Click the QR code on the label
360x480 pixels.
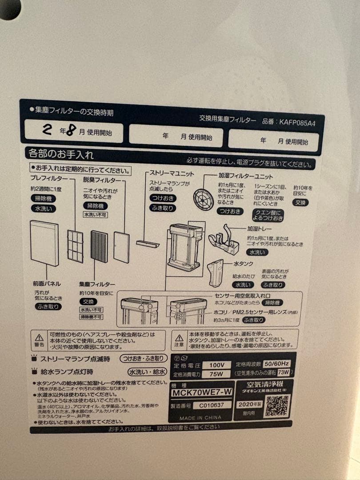(x=277, y=405)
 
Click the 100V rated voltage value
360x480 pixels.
(x=216, y=365)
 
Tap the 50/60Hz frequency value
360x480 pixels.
(x=278, y=363)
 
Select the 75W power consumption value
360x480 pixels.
(x=216, y=374)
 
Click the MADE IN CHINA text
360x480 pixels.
(x=200, y=418)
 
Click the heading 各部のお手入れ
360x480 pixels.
(x=60, y=154)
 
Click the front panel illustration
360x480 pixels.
(x=44, y=243)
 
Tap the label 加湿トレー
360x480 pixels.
(x=259, y=229)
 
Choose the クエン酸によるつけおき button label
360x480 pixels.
(x=268, y=215)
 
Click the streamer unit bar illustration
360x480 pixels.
(x=148, y=244)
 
